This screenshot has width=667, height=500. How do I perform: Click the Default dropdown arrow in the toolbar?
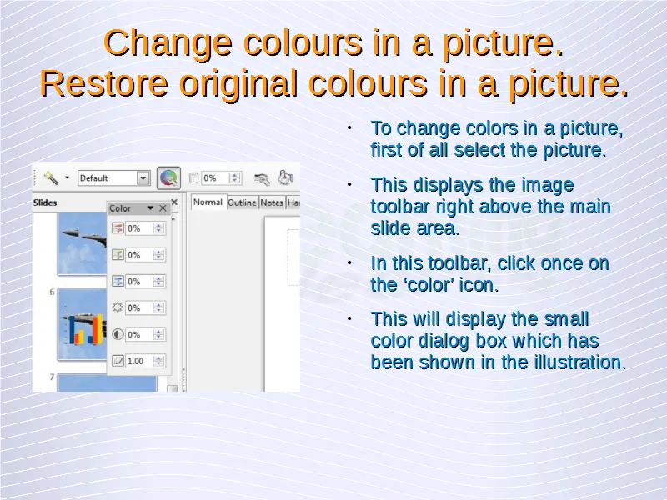tap(143, 178)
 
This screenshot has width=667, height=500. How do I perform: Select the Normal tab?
tap(208, 202)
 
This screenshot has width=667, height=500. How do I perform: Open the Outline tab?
tap(242, 202)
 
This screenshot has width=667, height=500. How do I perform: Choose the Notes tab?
tap(272, 202)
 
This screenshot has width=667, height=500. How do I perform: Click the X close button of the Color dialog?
tap(163, 208)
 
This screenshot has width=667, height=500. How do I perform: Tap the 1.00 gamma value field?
tap(139, 361)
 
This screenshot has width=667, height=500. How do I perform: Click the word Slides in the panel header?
tap(45, 202)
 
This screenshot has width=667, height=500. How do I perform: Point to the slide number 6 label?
tap(52, 292)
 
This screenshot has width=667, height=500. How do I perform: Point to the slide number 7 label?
tap(52, 377)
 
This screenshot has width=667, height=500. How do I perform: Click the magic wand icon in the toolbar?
tap(51, 177)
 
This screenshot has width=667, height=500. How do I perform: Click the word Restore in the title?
tap(104, 83)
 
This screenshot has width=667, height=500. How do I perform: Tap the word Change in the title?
tap(168, 44)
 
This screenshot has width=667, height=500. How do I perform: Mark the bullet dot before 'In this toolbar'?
tap(349, 263)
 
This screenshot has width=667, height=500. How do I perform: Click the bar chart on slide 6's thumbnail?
tap(85, 329)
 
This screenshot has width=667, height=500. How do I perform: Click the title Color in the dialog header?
tap(120, 208)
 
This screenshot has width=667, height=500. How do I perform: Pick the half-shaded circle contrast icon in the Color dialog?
tap(118, 334)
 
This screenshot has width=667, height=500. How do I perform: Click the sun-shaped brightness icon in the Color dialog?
tap(118, 307)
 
